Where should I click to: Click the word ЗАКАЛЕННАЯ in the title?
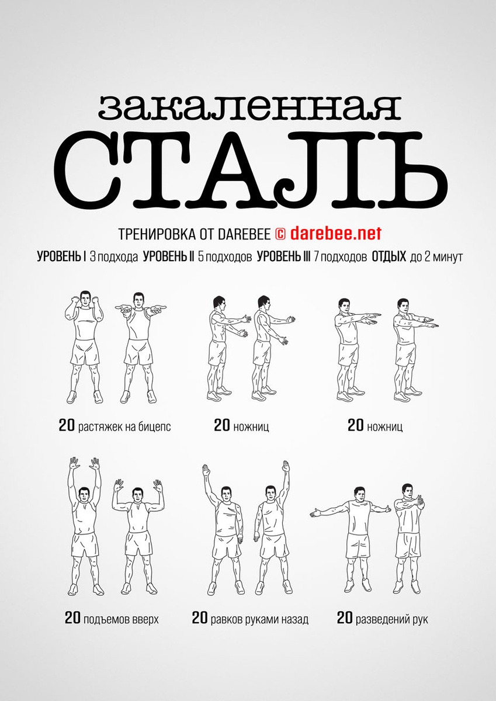tap(249, 107)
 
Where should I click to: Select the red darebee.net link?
tap(336, 234)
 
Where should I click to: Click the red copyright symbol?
tap(280, 234)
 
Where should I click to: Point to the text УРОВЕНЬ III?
tap(283, 256)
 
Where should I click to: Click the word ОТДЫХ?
tap(389, 256)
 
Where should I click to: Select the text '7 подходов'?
tap(340, 257)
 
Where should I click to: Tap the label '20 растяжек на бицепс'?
tap(115, 426)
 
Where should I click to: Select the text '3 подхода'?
tap(114, 257)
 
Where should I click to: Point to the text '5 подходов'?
tap(225, 257)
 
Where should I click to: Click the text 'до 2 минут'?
tap(436, 257)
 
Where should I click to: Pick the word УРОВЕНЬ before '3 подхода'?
tap(60, 256)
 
